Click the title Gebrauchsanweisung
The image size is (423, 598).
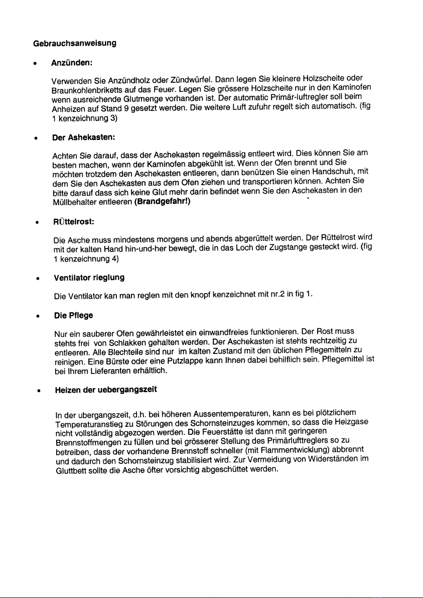pos(72,43)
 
